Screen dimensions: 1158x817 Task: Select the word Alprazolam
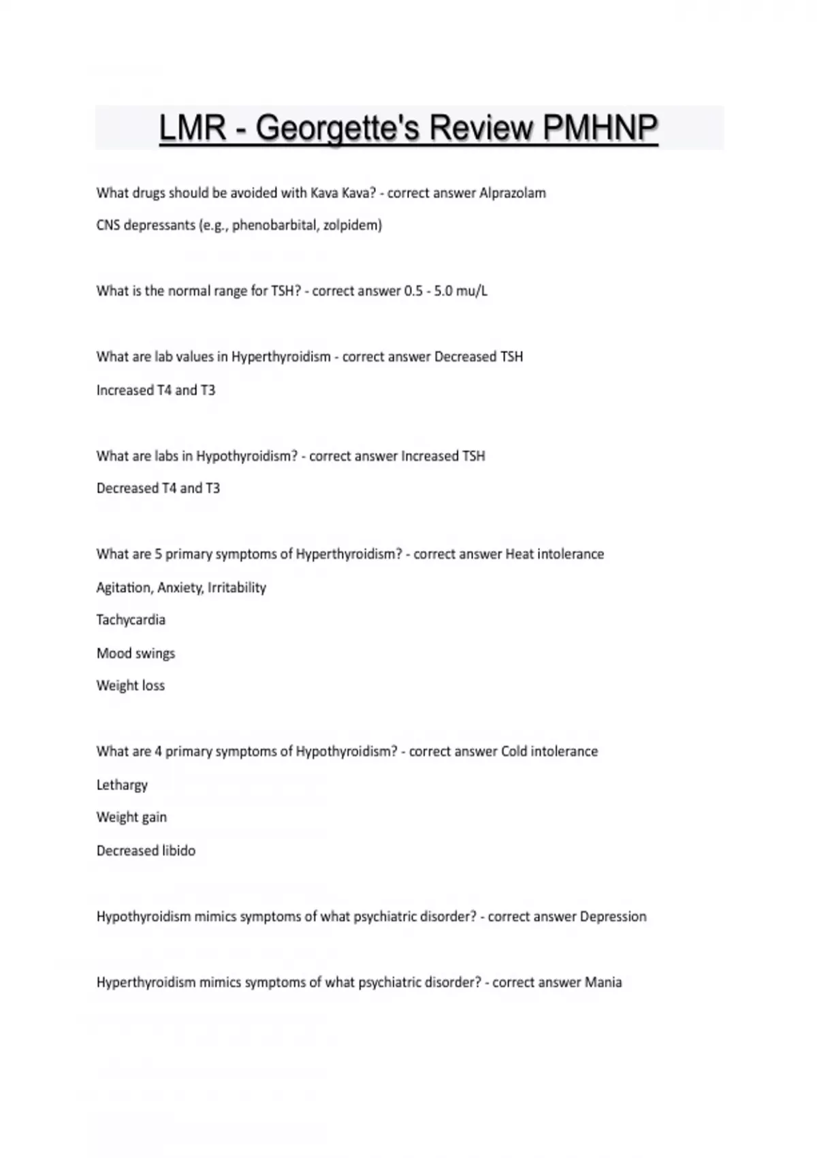[x=513, y=193]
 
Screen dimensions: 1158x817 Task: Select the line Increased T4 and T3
[x=156, y=390]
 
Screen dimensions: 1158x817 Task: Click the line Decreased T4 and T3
[x=158, y=488]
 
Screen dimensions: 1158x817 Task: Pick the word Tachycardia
[x=131, y=620]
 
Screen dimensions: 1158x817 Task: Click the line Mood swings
[x=135, y=653]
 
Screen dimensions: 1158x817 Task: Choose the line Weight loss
[x=131, y=686]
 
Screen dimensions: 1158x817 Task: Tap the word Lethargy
[x=122, y=785]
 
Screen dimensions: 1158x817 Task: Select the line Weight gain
[x=131, y=817]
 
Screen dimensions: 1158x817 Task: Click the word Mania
[x=603, y=982]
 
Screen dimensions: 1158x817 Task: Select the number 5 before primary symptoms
[x=158, y=554]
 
